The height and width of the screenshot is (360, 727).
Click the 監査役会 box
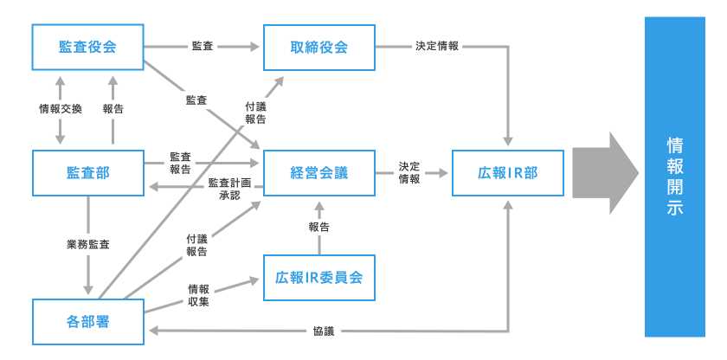(x=87, y=47)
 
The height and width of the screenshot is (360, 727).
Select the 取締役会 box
(x=318, y=47)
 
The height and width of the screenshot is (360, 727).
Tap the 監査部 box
(x=87, y=172)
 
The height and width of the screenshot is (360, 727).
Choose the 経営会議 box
(x=318, y=172)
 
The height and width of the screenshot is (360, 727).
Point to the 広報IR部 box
(x=508, y=172)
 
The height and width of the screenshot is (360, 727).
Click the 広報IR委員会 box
(x=318, y=278)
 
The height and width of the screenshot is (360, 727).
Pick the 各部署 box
(x=87, y=322)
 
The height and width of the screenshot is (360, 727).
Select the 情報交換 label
(x=61, y=109)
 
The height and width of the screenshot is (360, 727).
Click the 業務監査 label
(x=88, y=245)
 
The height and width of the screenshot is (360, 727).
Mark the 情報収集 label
(x=198, y=295)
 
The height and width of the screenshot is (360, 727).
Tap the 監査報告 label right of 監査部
(x=181, y=163)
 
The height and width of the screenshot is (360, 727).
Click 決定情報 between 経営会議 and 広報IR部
(x=409, y=172)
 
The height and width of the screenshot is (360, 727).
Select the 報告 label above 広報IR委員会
(x=318, y=227)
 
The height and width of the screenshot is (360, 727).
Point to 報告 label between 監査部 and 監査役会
(x=113, y=109)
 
